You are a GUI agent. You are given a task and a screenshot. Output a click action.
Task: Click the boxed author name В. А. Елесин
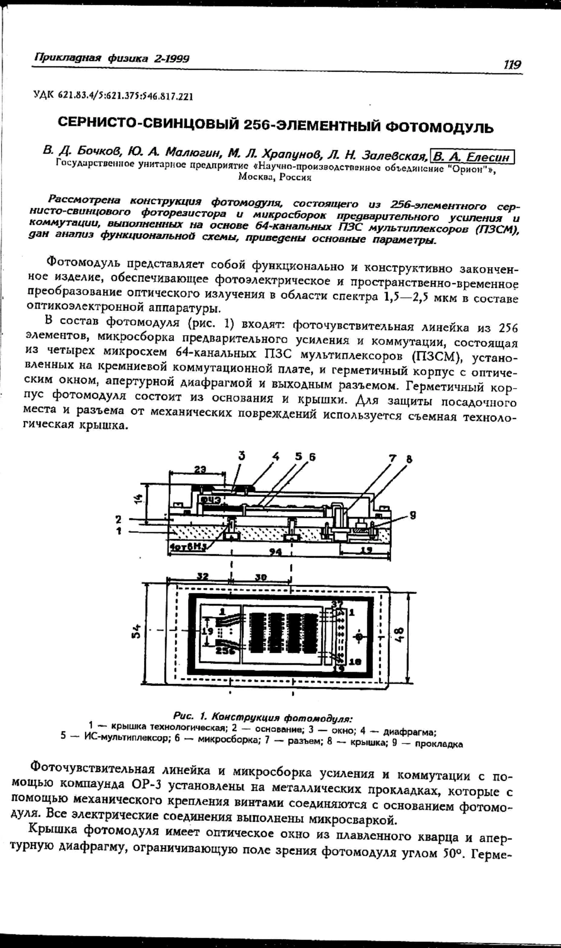click(472, 155)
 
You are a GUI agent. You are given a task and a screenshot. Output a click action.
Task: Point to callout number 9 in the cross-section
click(412, 515)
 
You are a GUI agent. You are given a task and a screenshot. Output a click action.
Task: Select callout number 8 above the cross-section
click(409, 459)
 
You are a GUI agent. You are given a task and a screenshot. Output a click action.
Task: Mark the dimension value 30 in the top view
click(261, 577)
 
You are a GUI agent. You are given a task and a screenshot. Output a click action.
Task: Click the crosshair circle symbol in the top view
click(359, 636)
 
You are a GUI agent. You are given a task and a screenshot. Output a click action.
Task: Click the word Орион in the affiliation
click(470, 168)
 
